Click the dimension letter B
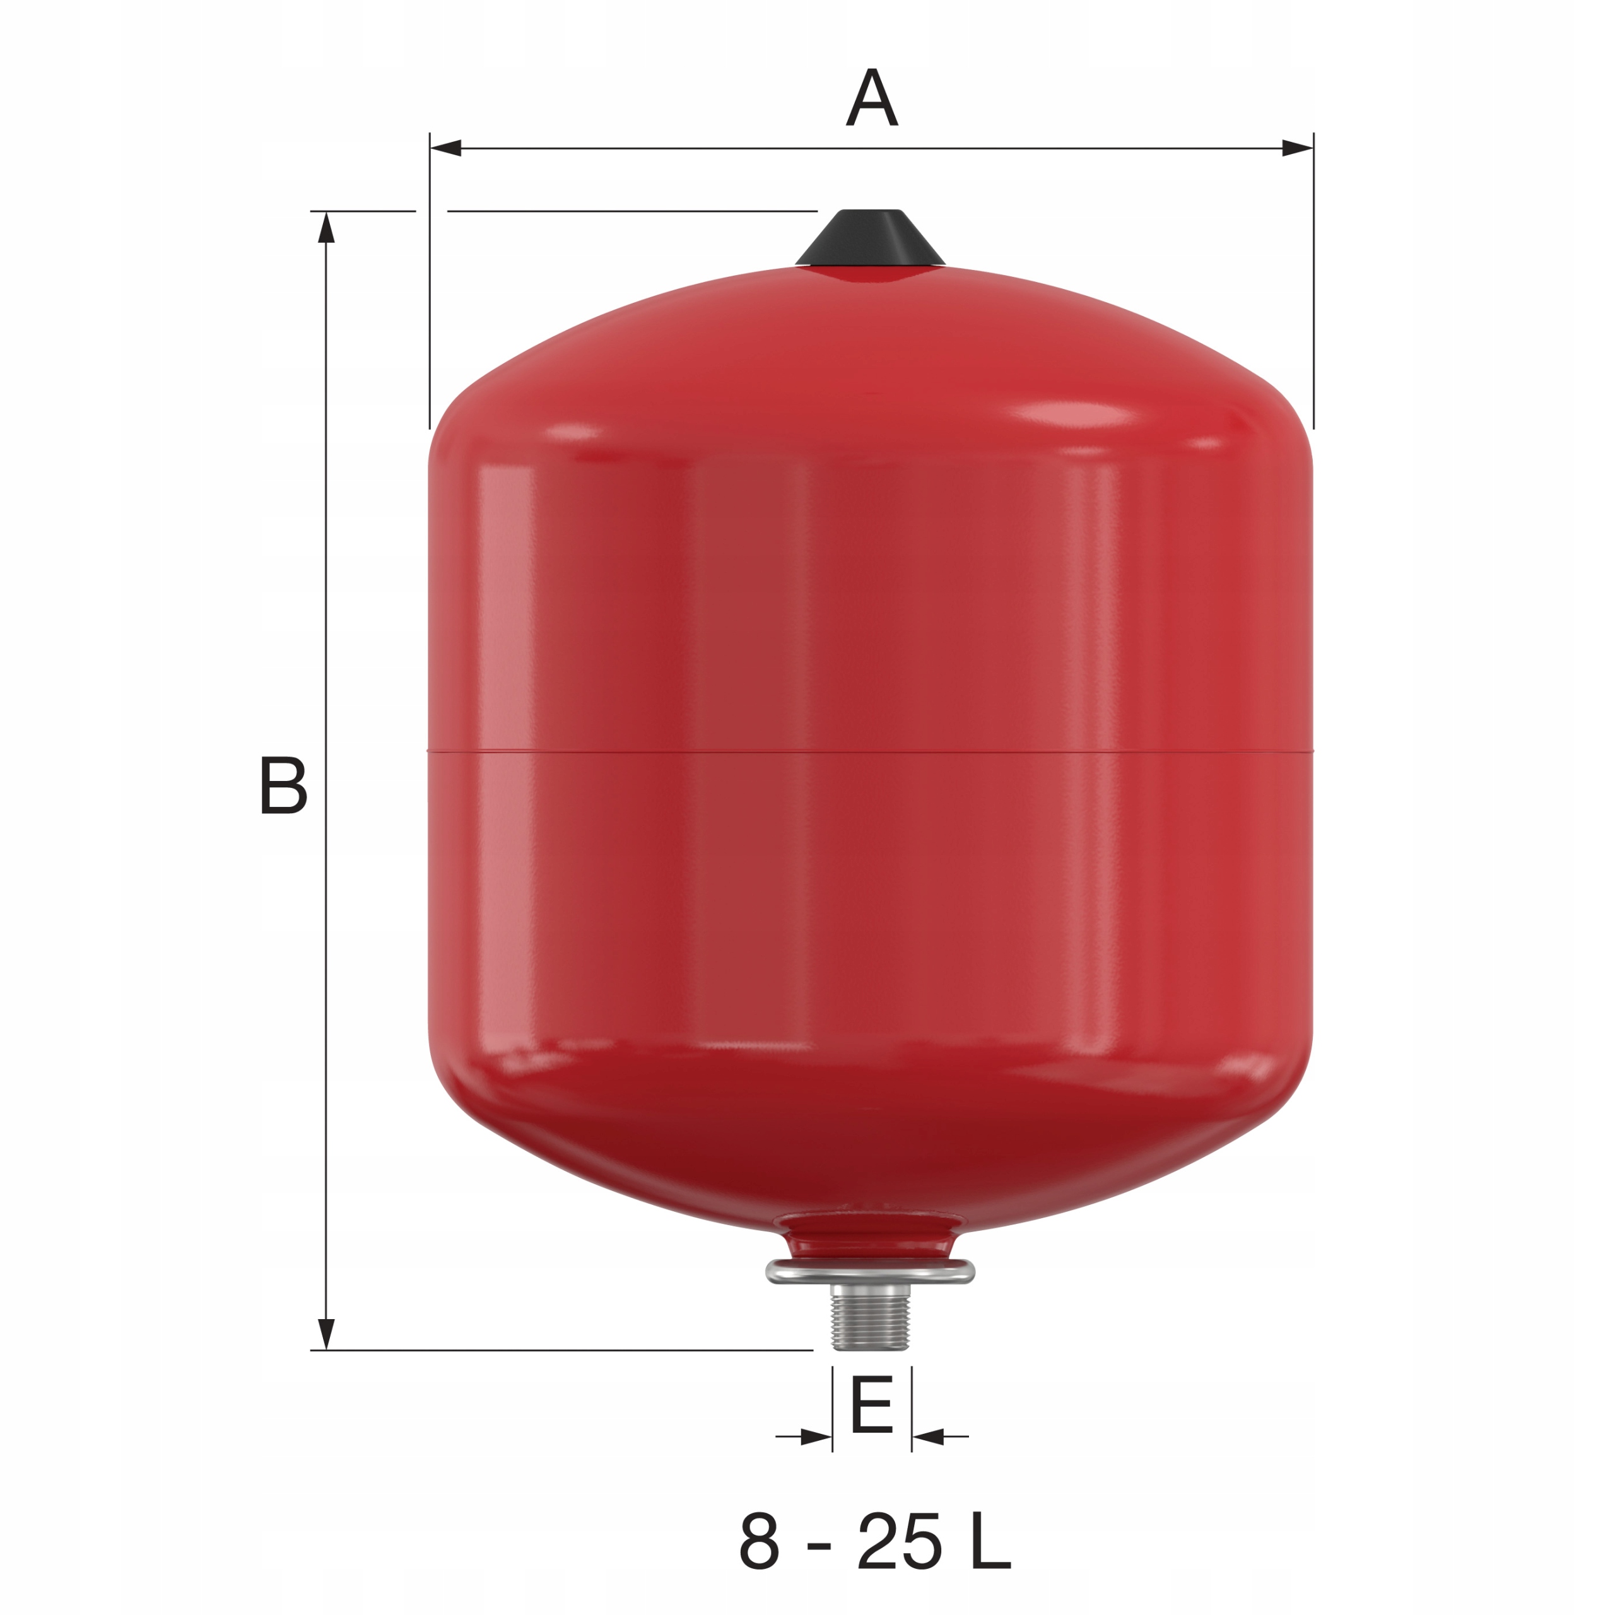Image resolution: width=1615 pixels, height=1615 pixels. point(283,786)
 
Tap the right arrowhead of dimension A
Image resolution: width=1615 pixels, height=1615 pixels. point(1296,149)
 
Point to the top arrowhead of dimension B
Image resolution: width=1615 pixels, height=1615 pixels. point(327,227)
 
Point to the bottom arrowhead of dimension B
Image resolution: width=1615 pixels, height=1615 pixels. point(327,1332)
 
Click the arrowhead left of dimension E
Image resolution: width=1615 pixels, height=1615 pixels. point(816,1438)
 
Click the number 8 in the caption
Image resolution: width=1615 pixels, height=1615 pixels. point(759,1540)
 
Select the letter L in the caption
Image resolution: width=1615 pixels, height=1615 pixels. point(992,1540)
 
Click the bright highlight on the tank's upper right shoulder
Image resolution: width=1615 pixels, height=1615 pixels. point(1078,416)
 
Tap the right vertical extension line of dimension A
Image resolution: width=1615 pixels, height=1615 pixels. point(1312,285)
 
